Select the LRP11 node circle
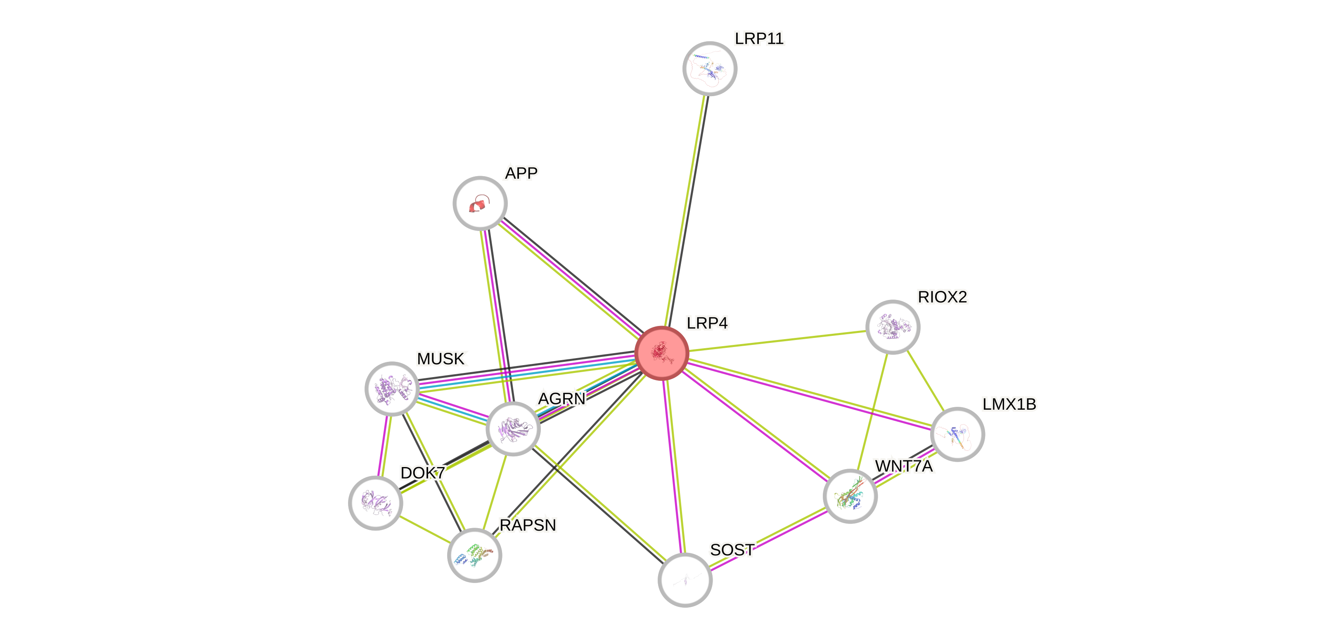coord(710,68)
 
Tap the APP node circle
coord(480,203)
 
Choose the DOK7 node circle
coord(375,503)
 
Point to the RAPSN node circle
coord(474,555)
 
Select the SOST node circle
coord(685,579)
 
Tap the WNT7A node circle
coord(850,496)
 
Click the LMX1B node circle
coord(957,434)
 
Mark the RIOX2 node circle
coord(893,327)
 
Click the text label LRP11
coord(759,38)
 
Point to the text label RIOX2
coord(942,297)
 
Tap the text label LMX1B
coord(1009,404)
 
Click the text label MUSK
coord(441,359)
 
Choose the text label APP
coord(521,173)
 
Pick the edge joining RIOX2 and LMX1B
coord(925,380)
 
